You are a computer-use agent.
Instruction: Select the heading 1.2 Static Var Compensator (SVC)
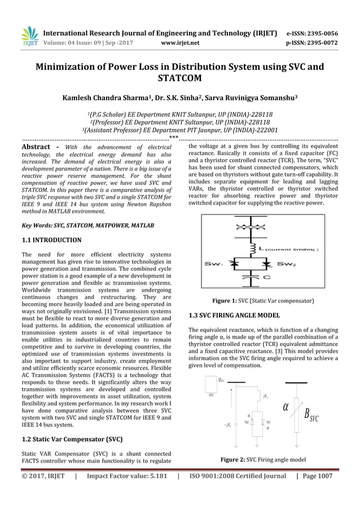(x=71, y=438)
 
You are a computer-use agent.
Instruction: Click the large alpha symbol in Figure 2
(x=286, y=406)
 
